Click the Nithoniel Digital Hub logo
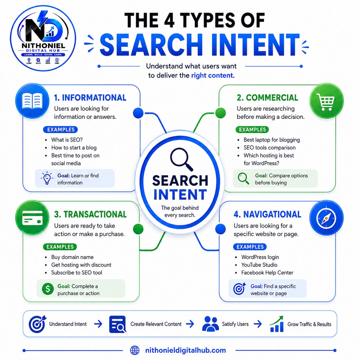[x=43, y=38]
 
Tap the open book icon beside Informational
[x=32, y=101]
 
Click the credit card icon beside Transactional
[x=32, y=218]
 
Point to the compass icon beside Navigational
[x=326, y=218]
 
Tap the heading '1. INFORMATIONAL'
[x=90, y=98]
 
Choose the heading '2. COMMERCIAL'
[x=267, y=98]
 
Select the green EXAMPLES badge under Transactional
[x=60, y=247]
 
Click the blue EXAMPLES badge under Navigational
[x=250, y=247]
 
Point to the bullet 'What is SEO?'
[x=67, y=140]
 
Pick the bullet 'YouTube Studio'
[x=259, y=265]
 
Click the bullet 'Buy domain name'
[x=72, y=257]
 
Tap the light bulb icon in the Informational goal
[x=47, y=178]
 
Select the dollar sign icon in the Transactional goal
[x=48, y=289]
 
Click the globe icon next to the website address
[x=135, y=350]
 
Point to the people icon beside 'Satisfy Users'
[x=210, y=324]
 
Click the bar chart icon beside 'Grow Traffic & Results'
[x=276, y=324]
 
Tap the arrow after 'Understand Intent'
[x=98, y=324]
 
